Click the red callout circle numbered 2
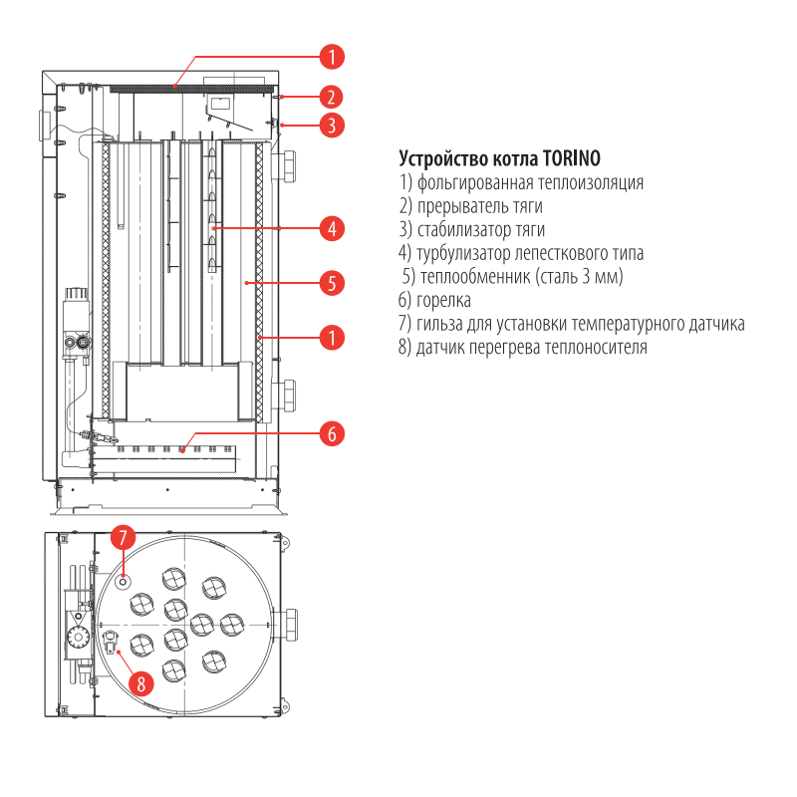click(x=332, y=97)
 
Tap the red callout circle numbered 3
click(x=332, y=126)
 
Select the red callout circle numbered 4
click(x=332, y=228)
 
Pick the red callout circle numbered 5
click(x=332, y=283)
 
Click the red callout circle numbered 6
click(x=332, y=434)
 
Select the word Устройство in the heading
click(x=443, y=158)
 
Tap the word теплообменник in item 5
click(x=471, y=276)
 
